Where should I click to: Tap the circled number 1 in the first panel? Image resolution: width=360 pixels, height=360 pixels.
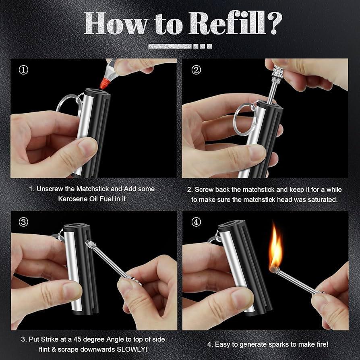coord(24,70)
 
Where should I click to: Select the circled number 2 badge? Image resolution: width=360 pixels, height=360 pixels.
coord(196,70)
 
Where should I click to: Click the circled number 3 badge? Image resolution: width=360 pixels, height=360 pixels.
coord(24,222)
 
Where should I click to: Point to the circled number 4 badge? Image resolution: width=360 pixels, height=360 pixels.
coord(196,222)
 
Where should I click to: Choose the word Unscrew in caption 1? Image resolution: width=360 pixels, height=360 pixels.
coord(52,188)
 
